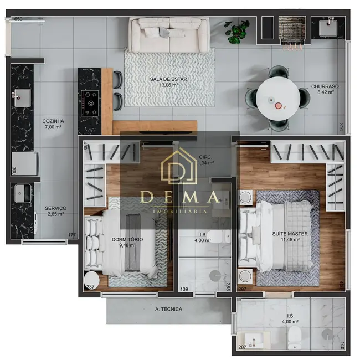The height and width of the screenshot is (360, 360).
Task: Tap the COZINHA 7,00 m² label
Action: click(53, 124)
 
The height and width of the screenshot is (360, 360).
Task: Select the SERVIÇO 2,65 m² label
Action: click(55, 211)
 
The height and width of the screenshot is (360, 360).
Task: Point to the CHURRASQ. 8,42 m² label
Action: click(326, 89)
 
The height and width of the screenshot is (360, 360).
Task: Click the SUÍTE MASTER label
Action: click(290, 234)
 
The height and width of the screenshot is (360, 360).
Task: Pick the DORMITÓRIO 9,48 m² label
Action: click(127, 242)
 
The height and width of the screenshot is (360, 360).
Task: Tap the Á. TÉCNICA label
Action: click(168, 309)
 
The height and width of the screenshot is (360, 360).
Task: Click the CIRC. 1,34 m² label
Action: click(205, 160)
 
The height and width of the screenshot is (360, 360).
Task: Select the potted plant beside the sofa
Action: click(237, 32)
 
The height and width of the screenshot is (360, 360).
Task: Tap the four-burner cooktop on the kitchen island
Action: click(90, 103)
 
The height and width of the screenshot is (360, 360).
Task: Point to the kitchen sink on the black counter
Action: click(22, 98)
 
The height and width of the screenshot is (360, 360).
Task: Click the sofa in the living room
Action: click(169, 35)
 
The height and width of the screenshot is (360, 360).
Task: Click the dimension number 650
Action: click(18, 19)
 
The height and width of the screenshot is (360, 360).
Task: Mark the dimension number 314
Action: click(341, 127)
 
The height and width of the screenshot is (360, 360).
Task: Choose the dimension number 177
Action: click(71, 235)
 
